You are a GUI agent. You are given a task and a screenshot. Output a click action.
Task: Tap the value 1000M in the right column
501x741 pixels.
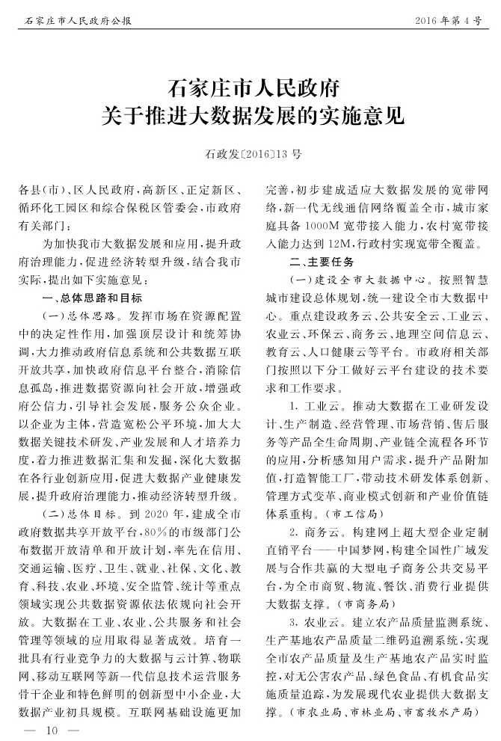click(x=322, y=227)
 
